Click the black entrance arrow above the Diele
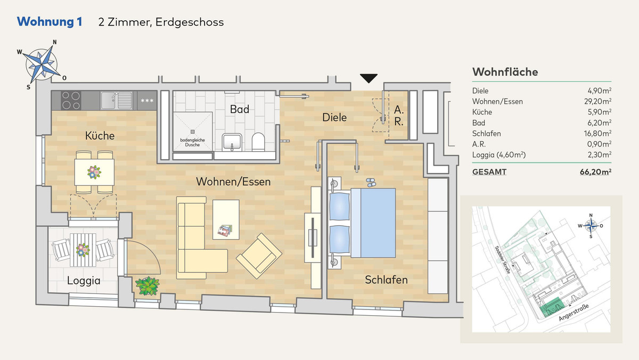coord(368,78)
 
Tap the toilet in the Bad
coord(258,142)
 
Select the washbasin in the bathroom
coord(232,142)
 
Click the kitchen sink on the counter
coord(117,101)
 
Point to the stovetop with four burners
coord(71,101)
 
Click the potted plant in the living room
coord(148,286)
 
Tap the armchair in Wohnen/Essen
coord(259,256)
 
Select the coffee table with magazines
coord(226,219)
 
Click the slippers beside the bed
coord(371,183)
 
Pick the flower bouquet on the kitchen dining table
coord(94,173)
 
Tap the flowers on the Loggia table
coord(83,250)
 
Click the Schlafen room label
coord(386,280)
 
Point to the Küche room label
coord(100,136)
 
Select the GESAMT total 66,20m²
coord(596,171)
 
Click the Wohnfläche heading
coord(505,72)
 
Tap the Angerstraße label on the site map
coord(574,313)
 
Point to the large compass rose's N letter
coord(55,42)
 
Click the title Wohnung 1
coord(50,22)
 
